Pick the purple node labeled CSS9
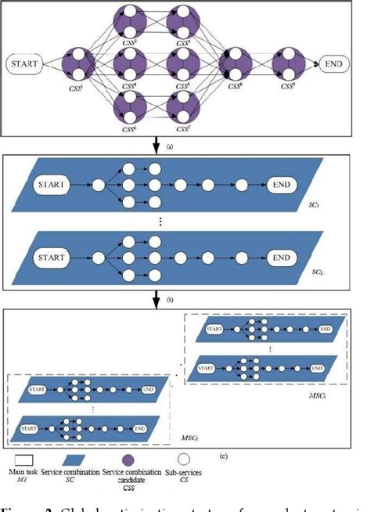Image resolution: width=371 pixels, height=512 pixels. pyautogui.click(x=290, y=64)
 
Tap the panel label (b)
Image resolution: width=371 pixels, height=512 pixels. pyautogui.click(x=182, y=298)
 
